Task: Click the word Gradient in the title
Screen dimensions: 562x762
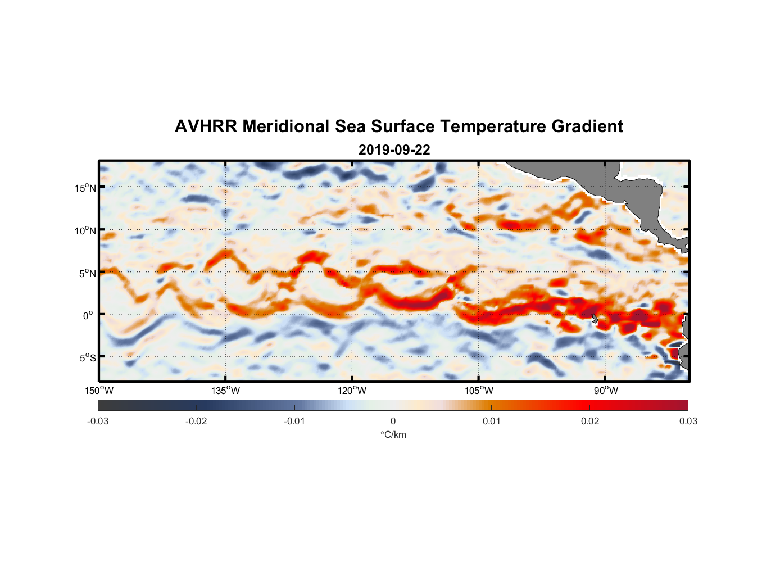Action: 587,126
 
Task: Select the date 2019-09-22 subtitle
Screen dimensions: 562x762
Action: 394,150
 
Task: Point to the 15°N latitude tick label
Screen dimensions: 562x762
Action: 85,188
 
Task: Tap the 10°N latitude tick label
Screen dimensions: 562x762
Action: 85,230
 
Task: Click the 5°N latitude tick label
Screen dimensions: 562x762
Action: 87,273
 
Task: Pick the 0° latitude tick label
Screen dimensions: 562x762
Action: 88,315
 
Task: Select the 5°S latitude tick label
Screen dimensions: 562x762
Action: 87,358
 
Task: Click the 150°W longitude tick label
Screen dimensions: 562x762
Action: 99,391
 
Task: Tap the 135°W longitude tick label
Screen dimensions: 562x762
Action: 225,391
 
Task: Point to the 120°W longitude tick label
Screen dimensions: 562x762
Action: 352,391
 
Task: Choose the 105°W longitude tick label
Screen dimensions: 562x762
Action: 479,391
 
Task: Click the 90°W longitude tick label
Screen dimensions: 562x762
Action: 605,391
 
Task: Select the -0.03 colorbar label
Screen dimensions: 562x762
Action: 98,421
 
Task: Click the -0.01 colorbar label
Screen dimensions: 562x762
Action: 294,421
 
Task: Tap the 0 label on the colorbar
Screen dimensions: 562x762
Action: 393,421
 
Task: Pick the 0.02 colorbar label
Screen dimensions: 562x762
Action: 590,421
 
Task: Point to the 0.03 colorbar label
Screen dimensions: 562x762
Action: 688,421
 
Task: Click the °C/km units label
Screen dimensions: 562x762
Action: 393,434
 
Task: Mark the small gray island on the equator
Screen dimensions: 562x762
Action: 595,318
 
